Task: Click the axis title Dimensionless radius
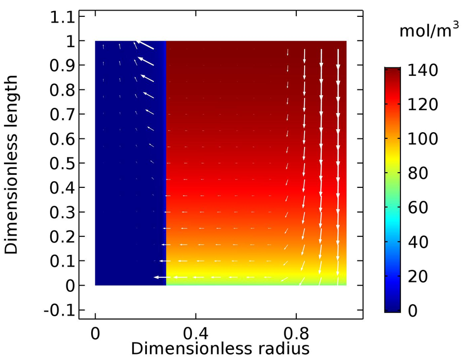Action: point(220,348)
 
